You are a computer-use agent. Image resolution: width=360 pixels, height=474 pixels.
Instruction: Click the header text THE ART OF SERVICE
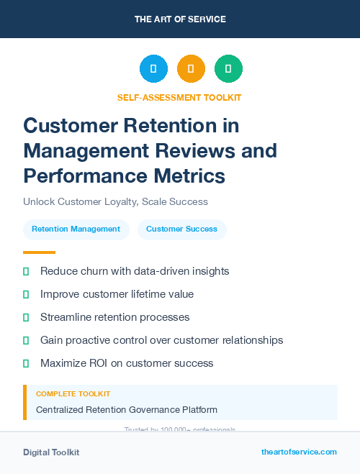[180, 19]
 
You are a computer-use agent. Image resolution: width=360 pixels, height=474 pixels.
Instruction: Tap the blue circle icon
[153, 69]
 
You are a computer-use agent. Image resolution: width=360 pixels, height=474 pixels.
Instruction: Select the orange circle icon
[191, 69]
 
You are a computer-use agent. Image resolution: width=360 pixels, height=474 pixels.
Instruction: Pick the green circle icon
[228, 69]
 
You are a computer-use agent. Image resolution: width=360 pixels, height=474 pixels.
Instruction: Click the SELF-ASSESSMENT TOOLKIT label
[179, 97]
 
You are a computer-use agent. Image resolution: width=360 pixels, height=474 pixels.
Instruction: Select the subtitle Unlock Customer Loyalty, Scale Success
[115, 202]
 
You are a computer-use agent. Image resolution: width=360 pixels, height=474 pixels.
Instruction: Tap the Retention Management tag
[76, 229]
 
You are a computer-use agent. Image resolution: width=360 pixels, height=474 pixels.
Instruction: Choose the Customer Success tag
[181, 229]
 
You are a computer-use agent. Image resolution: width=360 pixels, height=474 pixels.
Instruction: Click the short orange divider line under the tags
[39, 252]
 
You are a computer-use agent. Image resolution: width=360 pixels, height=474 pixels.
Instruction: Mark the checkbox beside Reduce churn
[26, 272]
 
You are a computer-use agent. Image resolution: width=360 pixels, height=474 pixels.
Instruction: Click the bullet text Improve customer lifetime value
[117, 294]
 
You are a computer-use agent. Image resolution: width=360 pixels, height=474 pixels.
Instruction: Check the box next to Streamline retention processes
[26, 317]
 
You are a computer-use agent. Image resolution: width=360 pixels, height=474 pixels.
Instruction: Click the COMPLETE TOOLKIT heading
[73, 394]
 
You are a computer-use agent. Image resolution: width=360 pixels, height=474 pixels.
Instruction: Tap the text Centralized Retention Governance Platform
[126, 410]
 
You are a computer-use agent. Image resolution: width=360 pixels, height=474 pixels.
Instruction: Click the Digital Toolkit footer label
[51, 452]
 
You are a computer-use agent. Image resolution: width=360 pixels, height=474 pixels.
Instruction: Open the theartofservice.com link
[299, 452]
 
